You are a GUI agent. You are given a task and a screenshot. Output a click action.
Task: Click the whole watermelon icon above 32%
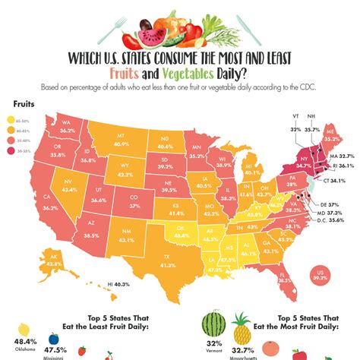click(x=214, y=327)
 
